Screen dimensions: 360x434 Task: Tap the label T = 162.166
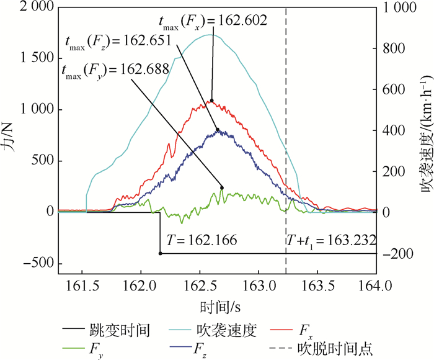[201, 239]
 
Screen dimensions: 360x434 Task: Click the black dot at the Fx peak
[211, 101]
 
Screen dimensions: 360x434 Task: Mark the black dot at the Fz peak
[218, 130]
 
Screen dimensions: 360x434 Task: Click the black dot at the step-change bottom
[160, 253]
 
